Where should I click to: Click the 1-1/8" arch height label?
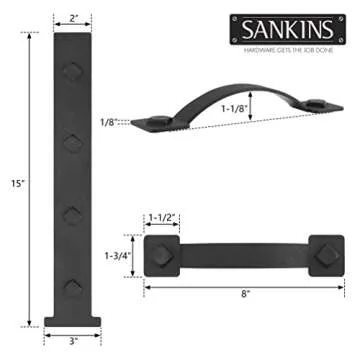[x=265, y=113]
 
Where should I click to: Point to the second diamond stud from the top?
[x=71, y=143]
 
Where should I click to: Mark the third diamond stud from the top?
[x=71, y=215]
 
